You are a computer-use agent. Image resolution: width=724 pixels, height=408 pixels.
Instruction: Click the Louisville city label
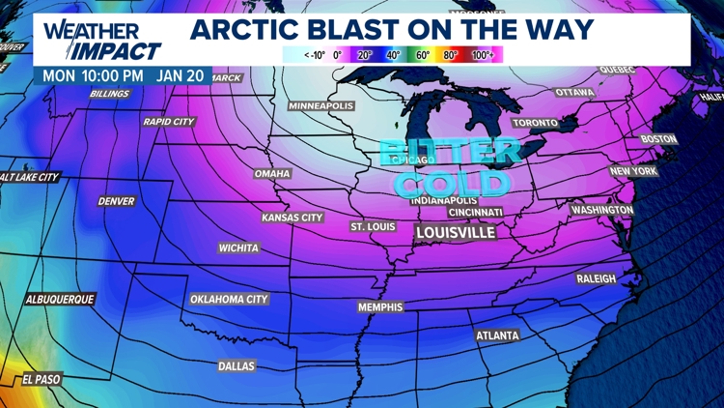point(455,233)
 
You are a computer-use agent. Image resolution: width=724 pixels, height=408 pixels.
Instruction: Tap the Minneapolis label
point(321,105)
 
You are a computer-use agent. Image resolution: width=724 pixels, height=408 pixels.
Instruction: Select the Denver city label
point(116,201)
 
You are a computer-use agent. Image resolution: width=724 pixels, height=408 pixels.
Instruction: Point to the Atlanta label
point(497,335)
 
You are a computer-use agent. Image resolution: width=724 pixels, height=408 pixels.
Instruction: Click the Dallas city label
point(237,366)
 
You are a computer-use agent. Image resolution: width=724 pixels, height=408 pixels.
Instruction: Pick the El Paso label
point(41,380)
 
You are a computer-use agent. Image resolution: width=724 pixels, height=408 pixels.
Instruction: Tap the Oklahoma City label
point(229,300)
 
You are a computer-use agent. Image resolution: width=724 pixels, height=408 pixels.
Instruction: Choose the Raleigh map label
point(596,278)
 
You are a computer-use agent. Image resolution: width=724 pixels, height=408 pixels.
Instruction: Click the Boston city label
point(659,139)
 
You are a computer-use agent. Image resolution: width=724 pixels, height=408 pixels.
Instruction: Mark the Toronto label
point(535,124)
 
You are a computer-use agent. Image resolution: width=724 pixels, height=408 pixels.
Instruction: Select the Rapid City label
point(169,122)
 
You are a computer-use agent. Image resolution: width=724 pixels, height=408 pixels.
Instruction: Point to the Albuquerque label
point(60,300)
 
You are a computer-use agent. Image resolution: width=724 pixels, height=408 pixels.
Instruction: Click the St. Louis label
point(372,226)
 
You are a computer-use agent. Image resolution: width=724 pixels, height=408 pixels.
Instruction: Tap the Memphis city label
point(380,307)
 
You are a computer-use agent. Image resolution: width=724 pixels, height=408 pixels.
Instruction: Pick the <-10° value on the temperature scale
point(314,55)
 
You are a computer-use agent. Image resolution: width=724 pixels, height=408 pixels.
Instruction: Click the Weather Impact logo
point(100,39)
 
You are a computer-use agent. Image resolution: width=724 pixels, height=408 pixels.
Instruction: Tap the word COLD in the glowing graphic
point(452,183)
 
